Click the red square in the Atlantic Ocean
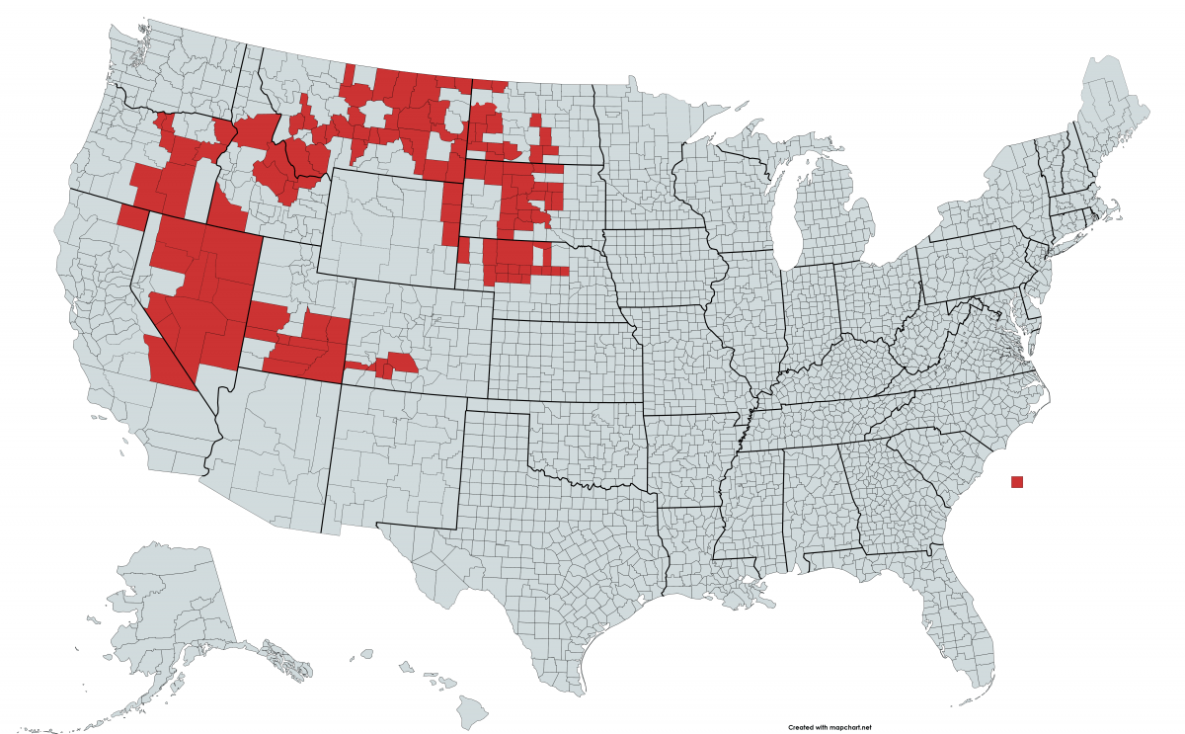(1017, 482)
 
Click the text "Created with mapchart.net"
(829, 727)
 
